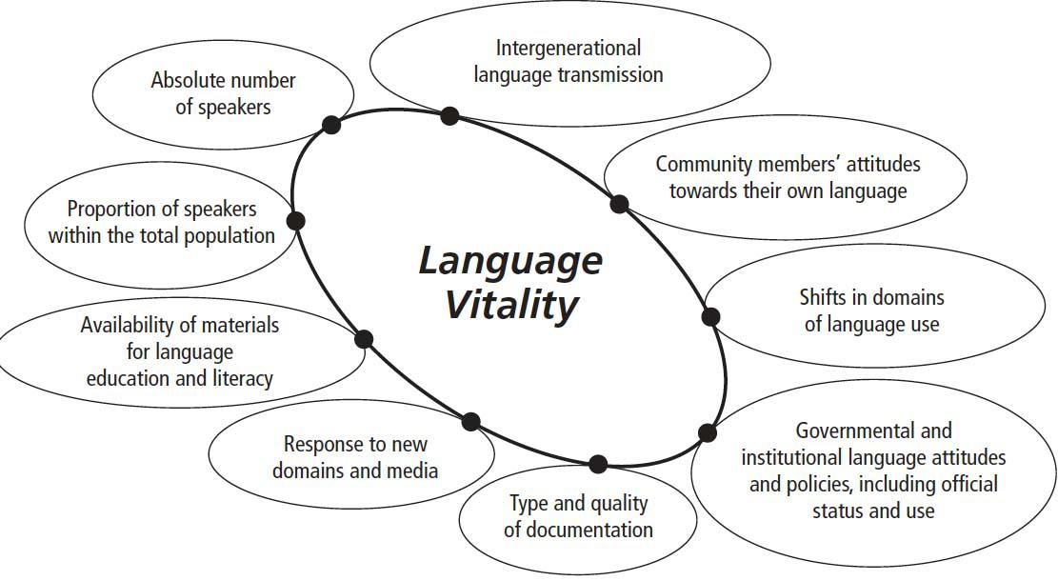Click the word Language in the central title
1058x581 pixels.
coord(510,261)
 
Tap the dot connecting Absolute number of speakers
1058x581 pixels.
coord(331,124)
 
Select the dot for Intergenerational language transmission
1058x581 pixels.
coord(449,116)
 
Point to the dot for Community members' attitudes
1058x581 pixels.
coord(619,203)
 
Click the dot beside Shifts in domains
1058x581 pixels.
coord(710,317)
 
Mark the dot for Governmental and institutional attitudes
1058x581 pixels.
coord(707,432)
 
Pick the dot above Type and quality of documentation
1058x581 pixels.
coord(598,464)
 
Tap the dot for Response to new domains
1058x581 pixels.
coord(470,421)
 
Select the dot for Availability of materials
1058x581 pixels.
coord(363,339)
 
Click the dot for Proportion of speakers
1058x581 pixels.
coord(295,221)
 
